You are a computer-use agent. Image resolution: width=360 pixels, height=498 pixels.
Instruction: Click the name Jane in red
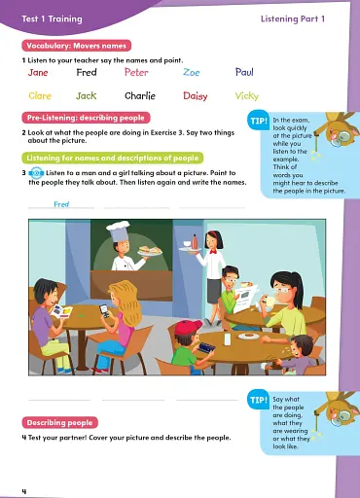click(38, 73)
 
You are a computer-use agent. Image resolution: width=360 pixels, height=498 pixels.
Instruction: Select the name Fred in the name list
click(87, 73)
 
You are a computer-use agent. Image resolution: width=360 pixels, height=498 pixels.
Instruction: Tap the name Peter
click(136, 73)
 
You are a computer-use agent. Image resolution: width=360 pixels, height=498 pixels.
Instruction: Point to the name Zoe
click(191, 73)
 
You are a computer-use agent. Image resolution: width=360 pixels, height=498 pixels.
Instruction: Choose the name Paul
click(244, 73)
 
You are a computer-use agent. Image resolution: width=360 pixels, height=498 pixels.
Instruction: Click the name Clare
click(40, 96)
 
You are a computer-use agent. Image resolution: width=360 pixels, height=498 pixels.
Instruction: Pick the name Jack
click(87, 96)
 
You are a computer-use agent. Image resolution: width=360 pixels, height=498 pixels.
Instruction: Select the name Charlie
click(140, 96)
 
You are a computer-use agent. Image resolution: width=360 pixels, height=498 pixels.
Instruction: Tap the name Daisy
click(195, 96)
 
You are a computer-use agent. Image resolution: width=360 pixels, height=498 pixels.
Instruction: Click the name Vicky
click(247, 96)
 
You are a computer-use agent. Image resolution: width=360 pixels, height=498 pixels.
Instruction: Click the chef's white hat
click(119, 230)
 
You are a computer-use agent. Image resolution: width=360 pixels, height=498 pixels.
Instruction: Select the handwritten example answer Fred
click(61, 205)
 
